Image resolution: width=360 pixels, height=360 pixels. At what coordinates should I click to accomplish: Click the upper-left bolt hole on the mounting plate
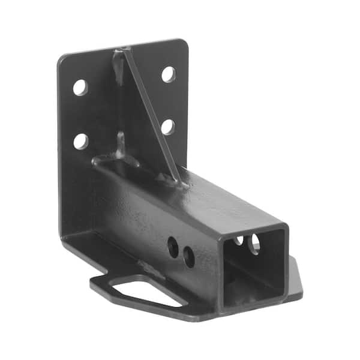(x=80, y=87)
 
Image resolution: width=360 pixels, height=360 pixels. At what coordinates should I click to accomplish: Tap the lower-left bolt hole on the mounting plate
(x=80, y=141)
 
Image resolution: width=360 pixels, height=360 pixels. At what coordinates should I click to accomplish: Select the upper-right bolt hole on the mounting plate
(x=169, y=74)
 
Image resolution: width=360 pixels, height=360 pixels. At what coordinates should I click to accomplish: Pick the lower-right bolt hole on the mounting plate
(x=168, y=127)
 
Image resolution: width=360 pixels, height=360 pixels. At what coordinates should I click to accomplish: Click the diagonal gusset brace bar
(x=150, y=114)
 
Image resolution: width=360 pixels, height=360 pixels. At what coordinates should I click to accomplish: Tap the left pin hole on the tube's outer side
(x=173, y=247)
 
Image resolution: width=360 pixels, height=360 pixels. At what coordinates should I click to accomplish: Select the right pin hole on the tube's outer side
(x=189, y=257)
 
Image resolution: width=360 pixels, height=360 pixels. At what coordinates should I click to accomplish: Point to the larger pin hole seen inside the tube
(x=254, y=243)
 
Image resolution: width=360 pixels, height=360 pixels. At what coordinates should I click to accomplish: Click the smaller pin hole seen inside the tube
(x=240, y=240)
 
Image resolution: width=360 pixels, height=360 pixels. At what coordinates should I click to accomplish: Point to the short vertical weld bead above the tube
(x=121, y=144)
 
